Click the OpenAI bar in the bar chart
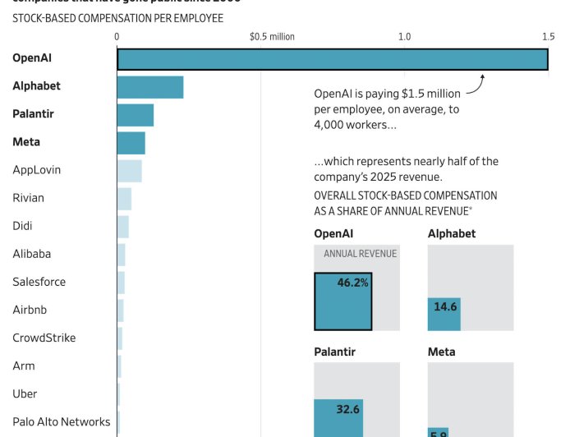click(x=333, y=59)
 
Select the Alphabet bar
click(x=149, y=87)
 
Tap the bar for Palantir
click(x=135, y=115)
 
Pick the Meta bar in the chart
click(x=131, y=143)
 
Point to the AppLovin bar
click(x=129, y=171)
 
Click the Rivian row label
click(x=29, y=198)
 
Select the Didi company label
click(x=23, y=226)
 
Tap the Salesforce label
click(x=39, y=282)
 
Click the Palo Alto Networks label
click(x=62, y=421)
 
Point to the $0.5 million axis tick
click(x=272, y=37)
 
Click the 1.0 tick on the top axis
click(x=404, y=37)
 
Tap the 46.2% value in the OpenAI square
click(x=353, y=283)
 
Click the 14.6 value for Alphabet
click(x=445, y=306)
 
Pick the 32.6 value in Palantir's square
click(x=349, y=408)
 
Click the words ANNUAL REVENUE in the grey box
click(x=360, y=254)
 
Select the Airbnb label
click(x=34, y=310)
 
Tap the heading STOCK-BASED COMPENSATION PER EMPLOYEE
click(x=117, y=18)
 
